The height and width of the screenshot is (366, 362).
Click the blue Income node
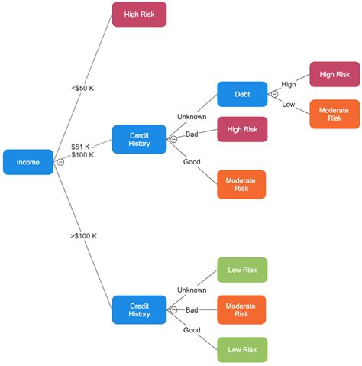point(28,162)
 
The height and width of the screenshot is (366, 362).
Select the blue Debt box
point(242,94)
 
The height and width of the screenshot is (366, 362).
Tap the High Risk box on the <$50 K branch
point(139,15)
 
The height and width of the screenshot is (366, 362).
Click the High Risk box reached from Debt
point(335,74)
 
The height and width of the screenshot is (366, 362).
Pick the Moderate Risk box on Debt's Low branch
point(335,114)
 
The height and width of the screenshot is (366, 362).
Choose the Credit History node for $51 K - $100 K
point(139,139)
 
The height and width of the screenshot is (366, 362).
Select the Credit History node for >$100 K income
point(139,309)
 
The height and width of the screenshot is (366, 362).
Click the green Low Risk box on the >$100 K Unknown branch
point(242,270)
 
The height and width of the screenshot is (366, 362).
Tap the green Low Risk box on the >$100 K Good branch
point(242,349)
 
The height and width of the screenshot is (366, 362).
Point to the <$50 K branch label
point(82,88)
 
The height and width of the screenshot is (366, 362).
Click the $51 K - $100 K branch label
point(82,150)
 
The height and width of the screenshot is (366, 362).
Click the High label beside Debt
point(288,84)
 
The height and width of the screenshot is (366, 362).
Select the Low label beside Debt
point(288,104)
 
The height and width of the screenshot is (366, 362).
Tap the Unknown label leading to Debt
point(192,117)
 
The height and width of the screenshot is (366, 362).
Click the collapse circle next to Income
point(60,162)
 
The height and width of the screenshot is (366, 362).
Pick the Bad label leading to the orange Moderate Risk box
point(192,310)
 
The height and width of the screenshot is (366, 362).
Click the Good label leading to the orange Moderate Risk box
point(192,161)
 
